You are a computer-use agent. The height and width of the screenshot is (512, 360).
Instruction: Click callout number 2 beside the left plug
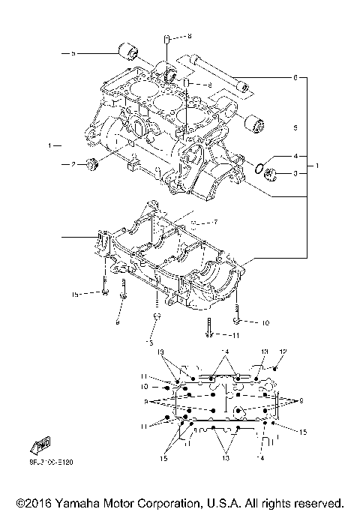tap(73, 164)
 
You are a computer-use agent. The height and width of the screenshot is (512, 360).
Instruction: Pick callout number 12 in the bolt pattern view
tap(283, 352)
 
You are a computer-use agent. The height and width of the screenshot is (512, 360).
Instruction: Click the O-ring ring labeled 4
tap(259, 168)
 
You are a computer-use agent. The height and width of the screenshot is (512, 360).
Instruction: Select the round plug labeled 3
tap(271, 176)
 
